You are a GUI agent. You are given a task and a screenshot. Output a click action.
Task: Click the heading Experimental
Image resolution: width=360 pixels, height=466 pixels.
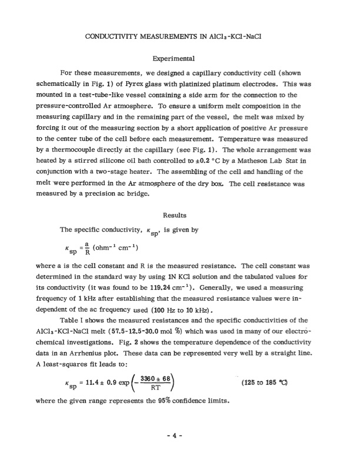[179, 59]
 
